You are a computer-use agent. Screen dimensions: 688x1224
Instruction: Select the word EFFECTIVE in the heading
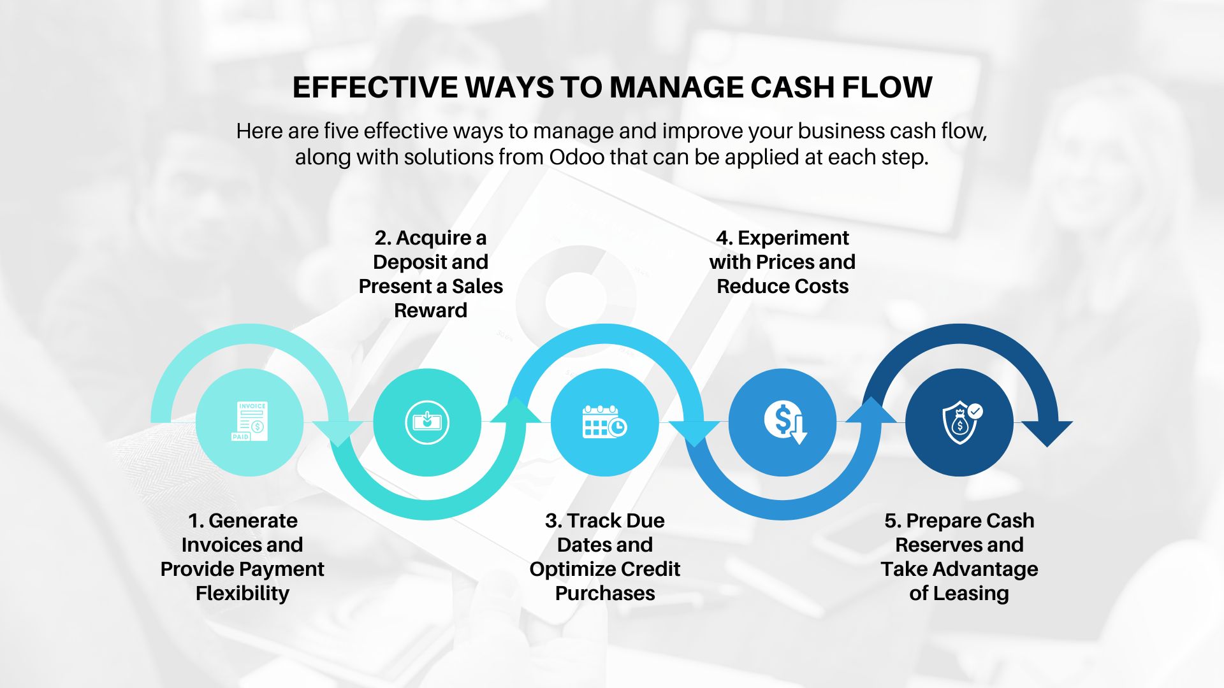375,87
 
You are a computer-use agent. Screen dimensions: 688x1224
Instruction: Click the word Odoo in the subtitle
576,157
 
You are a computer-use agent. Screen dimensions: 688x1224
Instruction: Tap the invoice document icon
250,422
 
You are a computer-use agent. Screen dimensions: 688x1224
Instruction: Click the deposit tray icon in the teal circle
427,422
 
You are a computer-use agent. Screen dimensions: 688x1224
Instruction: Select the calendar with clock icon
604,422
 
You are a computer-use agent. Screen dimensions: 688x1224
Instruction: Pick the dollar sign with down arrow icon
784,422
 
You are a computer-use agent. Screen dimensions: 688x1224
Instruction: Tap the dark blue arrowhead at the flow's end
1047,433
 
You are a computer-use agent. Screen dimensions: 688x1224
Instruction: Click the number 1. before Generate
196,521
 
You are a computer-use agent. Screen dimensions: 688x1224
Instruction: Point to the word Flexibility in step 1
242,594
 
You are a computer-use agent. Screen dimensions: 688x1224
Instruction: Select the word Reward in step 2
430,311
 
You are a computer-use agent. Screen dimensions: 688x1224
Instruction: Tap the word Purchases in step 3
605,594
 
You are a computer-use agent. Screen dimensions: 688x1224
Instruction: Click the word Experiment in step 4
793,238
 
